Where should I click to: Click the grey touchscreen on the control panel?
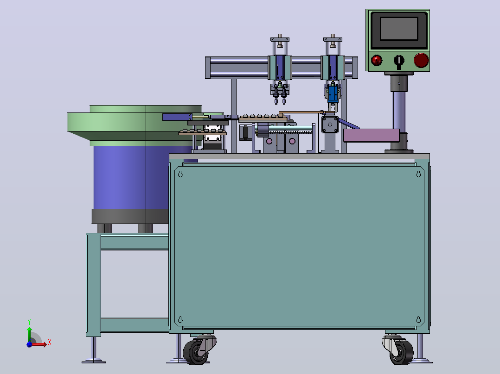(x=398, y=29)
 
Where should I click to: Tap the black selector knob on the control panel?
(x=398, y=61)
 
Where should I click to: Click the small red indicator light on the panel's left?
(x=377, y=60)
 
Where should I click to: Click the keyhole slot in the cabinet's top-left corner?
(x=180, y=174)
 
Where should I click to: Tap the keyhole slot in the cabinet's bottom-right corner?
(x=418, y=319)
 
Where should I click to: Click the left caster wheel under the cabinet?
(x=195, y=352)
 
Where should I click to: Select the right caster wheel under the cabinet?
(x=401, y=352)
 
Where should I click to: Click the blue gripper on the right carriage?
(x=333, y=93)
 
